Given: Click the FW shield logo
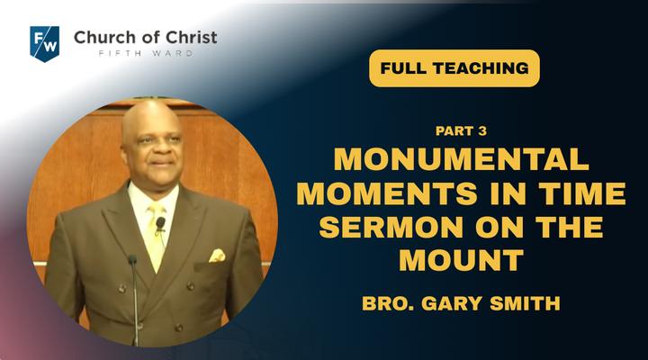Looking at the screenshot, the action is click(45, 44).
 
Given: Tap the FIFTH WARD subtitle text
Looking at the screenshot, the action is click(146, 53).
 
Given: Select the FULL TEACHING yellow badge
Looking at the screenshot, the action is click(454, 68).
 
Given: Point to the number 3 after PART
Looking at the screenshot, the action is click(481, 131).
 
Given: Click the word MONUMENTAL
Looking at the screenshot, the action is click(461, 159).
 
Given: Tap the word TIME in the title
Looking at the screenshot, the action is click(582, 193).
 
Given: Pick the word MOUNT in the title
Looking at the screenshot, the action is click(461, 260).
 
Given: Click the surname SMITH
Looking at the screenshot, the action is click(525, 303).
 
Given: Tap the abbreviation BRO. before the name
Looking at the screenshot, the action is click(388, 303).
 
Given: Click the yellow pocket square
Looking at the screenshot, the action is click(217, 256).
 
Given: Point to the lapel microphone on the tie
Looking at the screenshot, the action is click(160, 223).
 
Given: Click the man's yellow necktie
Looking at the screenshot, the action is click(156, 236).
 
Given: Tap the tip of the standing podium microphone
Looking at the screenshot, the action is click(132, 259).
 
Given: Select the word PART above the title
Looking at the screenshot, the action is click(454, 131).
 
